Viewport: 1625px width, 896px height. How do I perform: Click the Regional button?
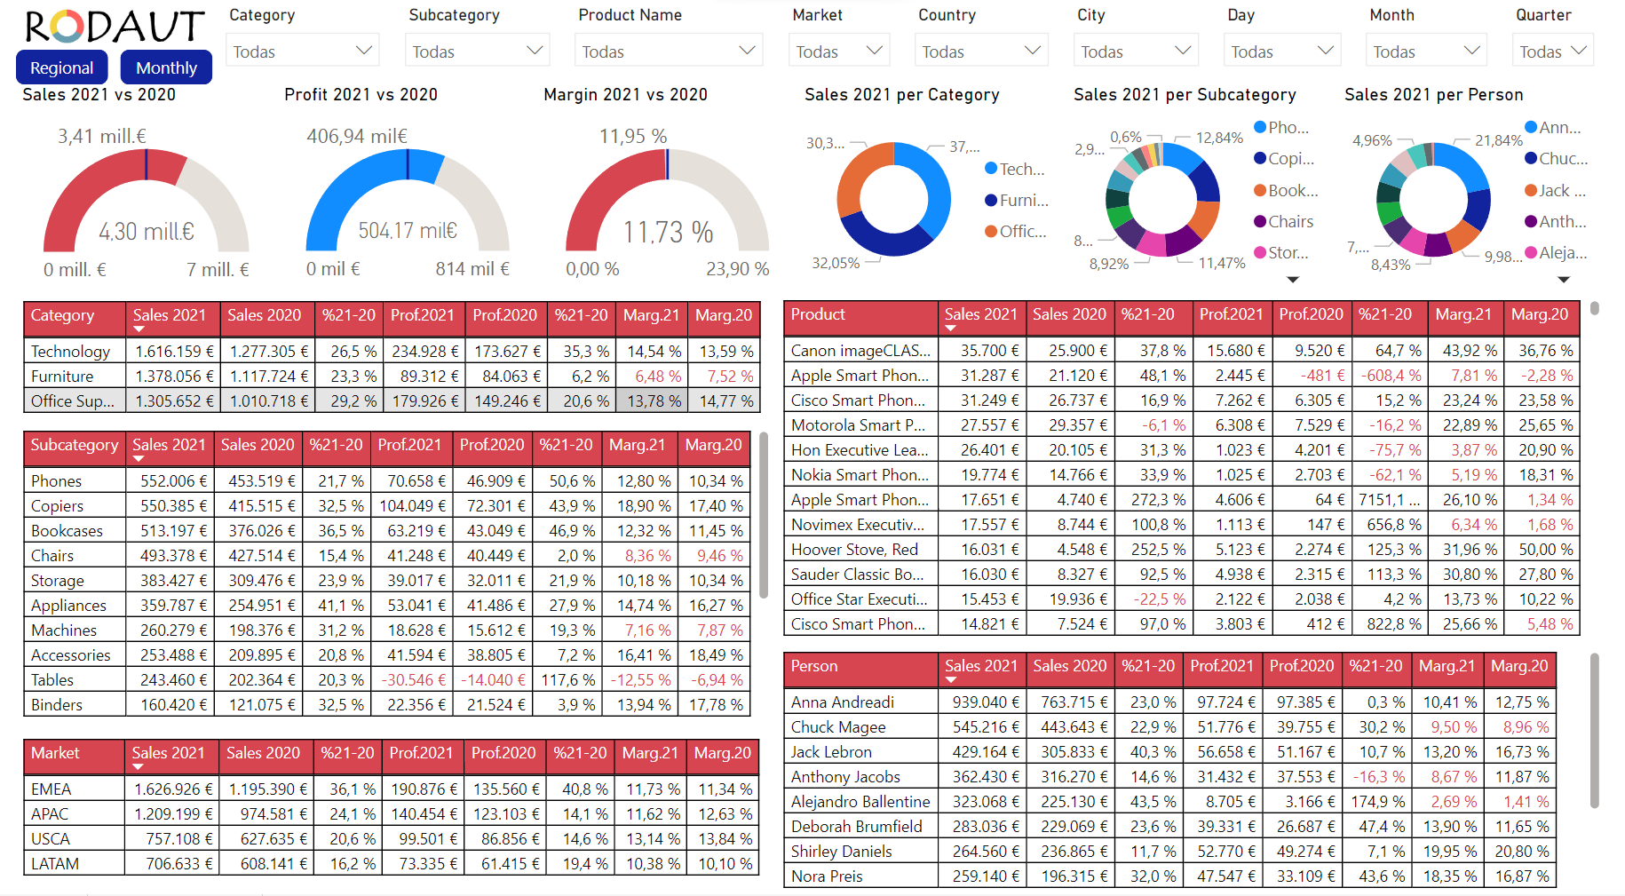click(x=61, y=67)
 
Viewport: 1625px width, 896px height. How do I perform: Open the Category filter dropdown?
click(x=302, y=52)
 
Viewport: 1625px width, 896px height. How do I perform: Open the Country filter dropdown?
click(x=980, y=52)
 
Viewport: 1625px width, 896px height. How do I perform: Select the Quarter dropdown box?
click(x=1552, y=52)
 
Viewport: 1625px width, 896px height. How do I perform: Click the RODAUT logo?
click(x=115, y=27)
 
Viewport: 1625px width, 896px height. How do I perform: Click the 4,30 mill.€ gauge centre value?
click(x=147, y=232)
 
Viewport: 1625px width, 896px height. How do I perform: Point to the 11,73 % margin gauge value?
click(x=668, y=233)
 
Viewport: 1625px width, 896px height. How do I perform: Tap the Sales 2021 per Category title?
click(x=901, y=95)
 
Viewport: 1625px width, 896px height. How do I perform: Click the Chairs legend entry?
click(x=1289, y=222)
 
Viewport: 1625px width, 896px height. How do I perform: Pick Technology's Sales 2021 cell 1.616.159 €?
click(x=174, y=352)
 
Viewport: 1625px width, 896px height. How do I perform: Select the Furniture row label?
click(x=62, y=377)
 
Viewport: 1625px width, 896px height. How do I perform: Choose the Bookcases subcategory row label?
click(x=67, y=531)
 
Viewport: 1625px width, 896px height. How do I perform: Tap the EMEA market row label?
click(x=51, y=789)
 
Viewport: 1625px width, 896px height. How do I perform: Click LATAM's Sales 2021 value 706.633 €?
click(x=174, y=864)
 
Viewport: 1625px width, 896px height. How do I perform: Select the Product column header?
click(x=818, y=314)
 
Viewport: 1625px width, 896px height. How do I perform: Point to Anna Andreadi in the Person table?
click(x=843, y=702)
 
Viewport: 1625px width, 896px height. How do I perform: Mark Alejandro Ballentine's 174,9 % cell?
click(x=1380, y=802)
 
